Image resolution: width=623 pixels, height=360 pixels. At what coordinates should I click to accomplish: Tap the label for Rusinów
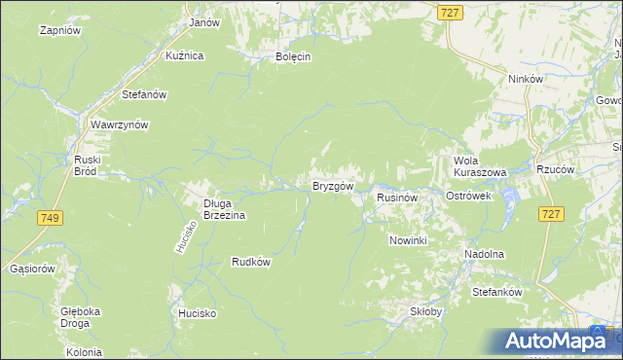click(x=397, y=197)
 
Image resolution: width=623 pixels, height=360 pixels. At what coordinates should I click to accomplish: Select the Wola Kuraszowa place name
click(x=480, y=166)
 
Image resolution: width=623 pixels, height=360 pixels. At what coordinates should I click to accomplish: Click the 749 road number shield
click(x=51, y=218)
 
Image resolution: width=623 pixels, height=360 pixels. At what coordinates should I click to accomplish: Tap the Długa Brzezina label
click(x=225, y=209)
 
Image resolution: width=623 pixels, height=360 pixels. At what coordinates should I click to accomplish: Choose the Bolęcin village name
click(x=292, y=56)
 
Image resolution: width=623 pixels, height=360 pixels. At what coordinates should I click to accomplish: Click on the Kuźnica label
click(x=184, y=55)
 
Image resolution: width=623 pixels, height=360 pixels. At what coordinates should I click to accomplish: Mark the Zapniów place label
click(x=58, y=30)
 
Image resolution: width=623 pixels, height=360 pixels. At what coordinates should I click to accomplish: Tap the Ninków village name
click(x=525, y=80)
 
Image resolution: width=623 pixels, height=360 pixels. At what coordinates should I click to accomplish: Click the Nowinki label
click(x=408, y=239)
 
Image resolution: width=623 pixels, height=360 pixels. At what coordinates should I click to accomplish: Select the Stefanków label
click(x=497, y=292)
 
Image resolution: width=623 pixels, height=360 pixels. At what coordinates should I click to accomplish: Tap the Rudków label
click(x=250, y=261)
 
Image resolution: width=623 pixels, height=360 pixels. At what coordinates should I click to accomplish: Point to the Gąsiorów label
click(x=30, y=268)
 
